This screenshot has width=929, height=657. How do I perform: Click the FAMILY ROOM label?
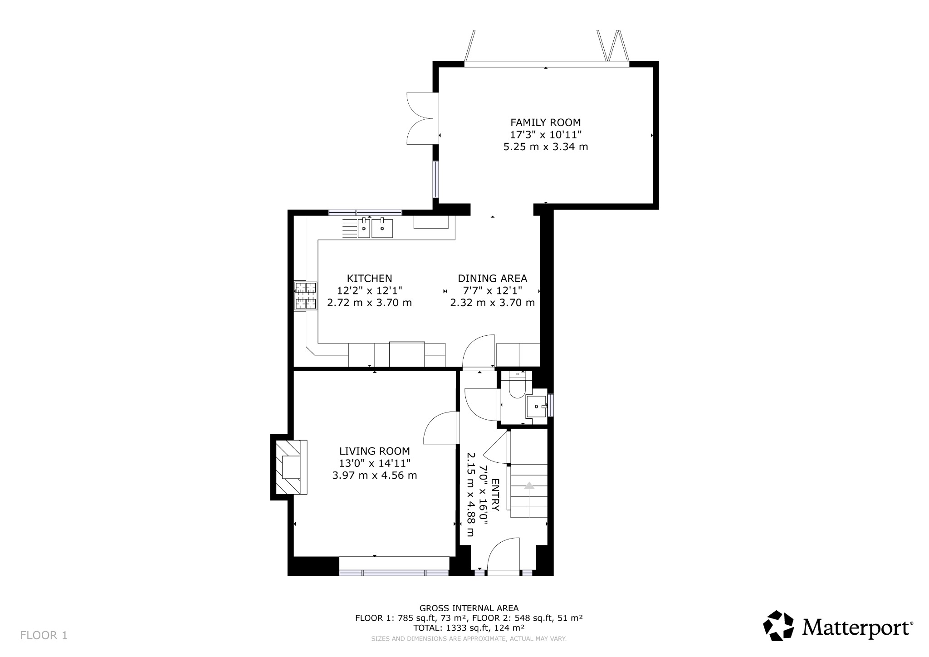(545, 123)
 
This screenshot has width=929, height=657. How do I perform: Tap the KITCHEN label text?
(369, 278)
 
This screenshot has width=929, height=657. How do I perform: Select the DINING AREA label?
(492, 278)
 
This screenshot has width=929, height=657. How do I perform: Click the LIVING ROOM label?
(374, 451)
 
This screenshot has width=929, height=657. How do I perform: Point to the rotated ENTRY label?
(495, 495)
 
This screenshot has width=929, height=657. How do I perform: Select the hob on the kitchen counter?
(306, 296)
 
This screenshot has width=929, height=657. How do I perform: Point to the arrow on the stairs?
(529, 485)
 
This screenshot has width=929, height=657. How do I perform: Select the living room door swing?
(440, 429)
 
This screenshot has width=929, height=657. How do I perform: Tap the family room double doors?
(420, 118)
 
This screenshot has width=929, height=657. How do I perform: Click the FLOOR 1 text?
(44, 635)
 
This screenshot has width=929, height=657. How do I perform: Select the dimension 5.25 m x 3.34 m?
(545, 147)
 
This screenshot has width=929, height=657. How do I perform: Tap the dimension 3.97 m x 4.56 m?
(374, 476)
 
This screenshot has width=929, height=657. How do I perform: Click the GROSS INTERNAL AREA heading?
(469, 608)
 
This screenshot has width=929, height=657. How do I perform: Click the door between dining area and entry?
(479, 352)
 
